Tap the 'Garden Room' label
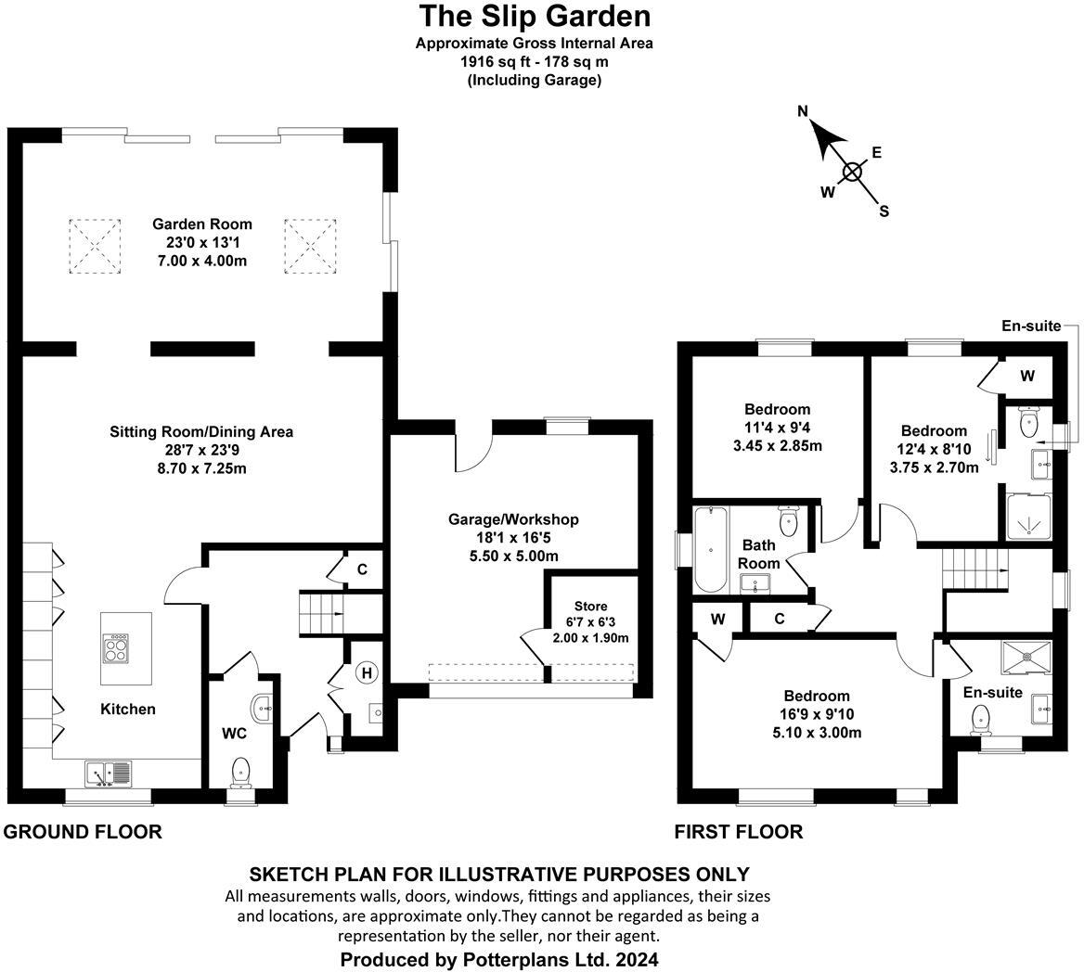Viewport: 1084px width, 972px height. click(202, 224)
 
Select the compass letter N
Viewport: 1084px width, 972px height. click(804, 112)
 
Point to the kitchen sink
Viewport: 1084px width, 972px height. click(108, 772)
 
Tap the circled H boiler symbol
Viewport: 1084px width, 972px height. click(366, 672)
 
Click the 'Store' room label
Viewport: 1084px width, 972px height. click(590, 607)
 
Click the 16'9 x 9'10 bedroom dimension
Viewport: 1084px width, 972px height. click(817, 714)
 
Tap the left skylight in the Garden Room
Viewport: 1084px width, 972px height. click(94, 246)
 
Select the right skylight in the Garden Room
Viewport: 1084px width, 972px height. click(309, 246)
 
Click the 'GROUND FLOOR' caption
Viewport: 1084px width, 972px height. click(83, 832)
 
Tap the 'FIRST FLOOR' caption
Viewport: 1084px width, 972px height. click(739, 832)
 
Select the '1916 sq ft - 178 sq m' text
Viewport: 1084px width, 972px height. click(534, 62)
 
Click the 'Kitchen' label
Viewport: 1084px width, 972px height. click(128, 709)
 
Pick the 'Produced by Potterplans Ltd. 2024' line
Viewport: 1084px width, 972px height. click(499, 959)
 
